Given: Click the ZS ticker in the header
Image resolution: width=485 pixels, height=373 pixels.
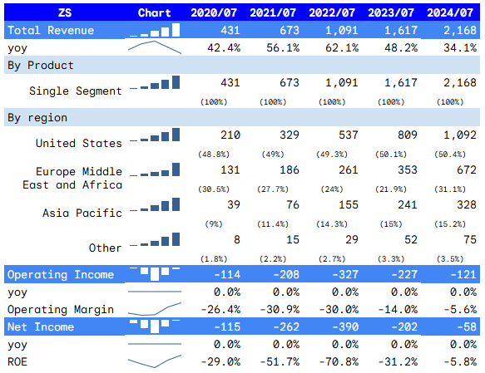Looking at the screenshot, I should tap(64, 12).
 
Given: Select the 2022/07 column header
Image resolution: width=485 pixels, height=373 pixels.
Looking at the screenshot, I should tap(333, 12).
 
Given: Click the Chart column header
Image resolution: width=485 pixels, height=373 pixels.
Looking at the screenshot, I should tap(155, 12).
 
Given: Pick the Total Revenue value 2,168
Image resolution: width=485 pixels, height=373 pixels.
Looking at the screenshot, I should tap(458, 30).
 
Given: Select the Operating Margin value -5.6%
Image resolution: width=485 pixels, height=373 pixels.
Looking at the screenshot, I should tap(460, 309).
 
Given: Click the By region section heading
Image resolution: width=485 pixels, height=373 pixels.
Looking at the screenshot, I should tap(37, 117).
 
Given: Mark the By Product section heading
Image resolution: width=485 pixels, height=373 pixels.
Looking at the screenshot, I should tap(40, 65).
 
